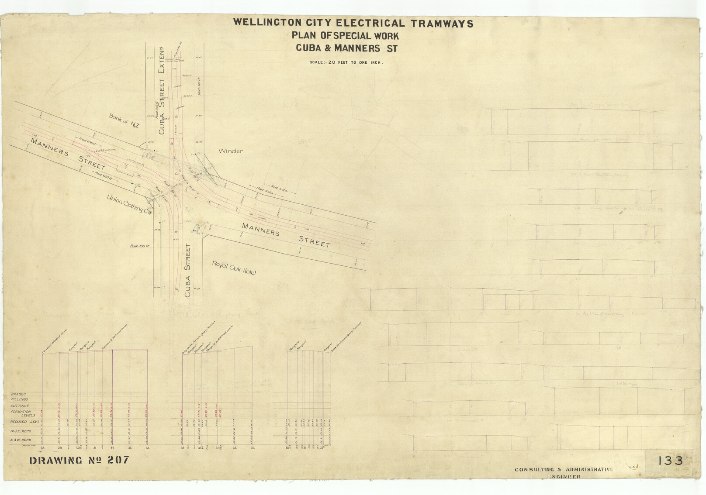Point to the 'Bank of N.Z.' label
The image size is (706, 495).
(x=124, y=120)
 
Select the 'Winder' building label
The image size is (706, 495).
(x=230, y=151)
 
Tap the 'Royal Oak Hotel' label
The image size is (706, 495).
(x=234, y=268)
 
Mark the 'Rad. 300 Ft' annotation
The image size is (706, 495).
(x=140, y=246)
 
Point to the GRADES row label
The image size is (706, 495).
(x=18, y=394)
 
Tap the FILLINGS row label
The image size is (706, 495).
(x=19, y=399)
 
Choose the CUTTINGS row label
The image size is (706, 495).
(x=20, y=406)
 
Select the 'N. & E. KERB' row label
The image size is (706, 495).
(x=21, y=431)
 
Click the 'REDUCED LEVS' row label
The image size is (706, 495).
(x=24, y=422)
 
